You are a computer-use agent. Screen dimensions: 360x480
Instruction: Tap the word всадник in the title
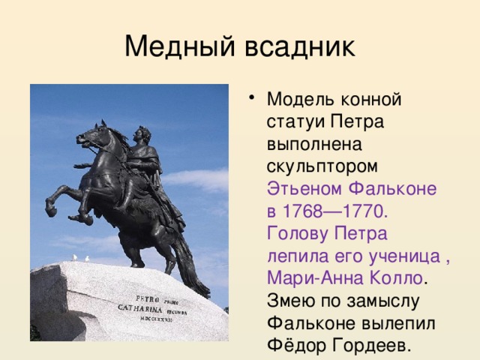(299, 46)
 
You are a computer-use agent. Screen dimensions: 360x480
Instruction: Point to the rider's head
(142, 135)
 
